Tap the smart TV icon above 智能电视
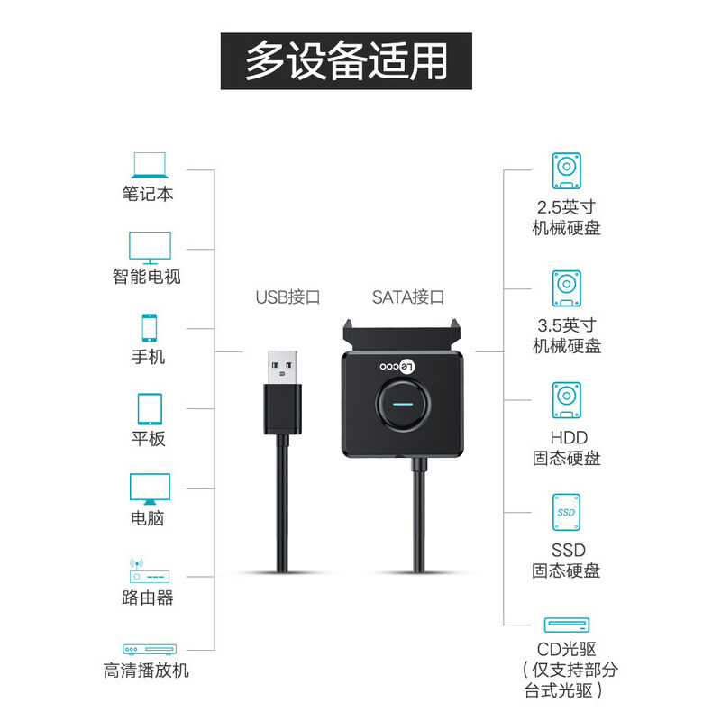149,246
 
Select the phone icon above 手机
149,327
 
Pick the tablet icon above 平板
149,408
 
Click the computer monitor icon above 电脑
149,488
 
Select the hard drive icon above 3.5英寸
566,288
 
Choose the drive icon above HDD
566,401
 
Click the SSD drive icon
566,512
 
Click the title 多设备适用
347,61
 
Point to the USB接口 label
288,297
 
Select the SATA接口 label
408,297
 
